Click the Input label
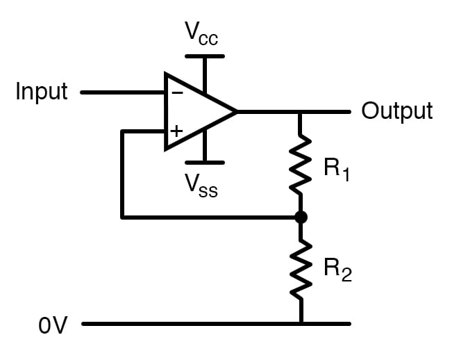[x=42, y=92]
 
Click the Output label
[x=396, y=111]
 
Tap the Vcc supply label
[x=201, y=33]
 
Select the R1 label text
[x=337, y=169]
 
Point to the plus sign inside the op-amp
[x=177, y=130]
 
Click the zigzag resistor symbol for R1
[x=301, y=165]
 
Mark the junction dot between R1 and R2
[x=301, y=218]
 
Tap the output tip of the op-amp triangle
[x=237, y=111]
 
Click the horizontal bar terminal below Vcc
[x=205, y=56]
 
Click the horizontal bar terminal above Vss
[x=205, y=163]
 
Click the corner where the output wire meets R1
[x=301, y=111]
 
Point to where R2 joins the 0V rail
[x=301, y=324]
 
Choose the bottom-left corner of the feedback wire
[x=122, y=218]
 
